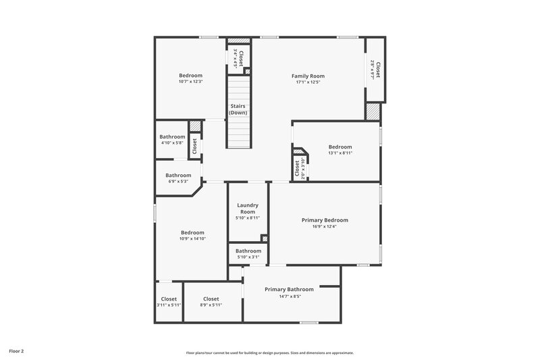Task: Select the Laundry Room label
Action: [248, 208]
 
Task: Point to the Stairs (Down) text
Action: [238, 109]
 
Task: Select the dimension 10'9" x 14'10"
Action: [192, 239]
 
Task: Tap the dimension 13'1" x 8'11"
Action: [340, 153]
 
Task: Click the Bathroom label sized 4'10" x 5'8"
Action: [172, 136]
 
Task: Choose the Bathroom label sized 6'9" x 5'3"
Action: [178, 175]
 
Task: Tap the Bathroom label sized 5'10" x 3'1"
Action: [248, 251]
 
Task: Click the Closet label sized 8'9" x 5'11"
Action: [211, 299]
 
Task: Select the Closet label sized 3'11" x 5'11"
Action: [169, 299]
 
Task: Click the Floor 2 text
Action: [17, 351]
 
